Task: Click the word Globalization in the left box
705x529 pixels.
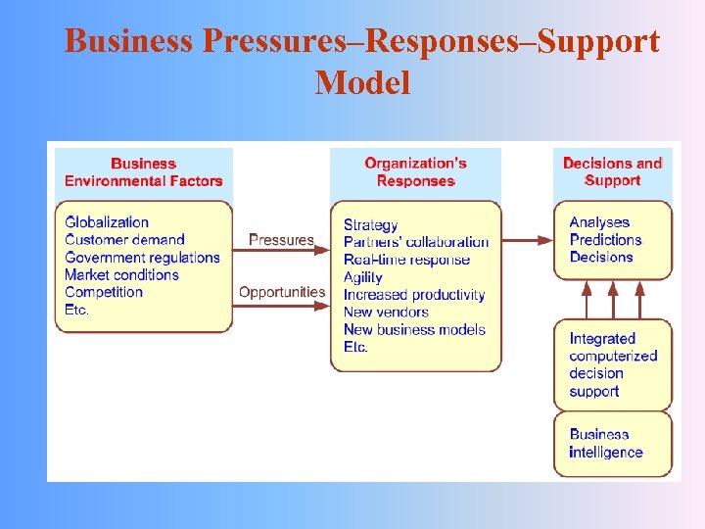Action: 107,222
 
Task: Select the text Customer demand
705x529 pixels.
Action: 124,240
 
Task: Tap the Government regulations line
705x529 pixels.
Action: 142,258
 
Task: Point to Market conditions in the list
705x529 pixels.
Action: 121,275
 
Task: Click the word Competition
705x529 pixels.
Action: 104,292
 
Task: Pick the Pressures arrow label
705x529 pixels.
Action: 281,239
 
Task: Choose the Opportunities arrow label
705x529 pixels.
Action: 282,292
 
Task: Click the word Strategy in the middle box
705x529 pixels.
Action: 371,225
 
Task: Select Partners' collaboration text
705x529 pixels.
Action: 416,242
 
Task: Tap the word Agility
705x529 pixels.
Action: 363,277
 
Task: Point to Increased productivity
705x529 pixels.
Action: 414,295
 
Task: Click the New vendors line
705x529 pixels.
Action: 386,313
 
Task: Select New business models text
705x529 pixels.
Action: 414,330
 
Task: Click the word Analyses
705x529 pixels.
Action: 599,222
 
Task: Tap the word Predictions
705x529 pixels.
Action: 605,240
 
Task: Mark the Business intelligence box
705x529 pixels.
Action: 613,444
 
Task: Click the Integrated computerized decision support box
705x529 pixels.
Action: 613,364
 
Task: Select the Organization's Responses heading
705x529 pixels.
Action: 415,171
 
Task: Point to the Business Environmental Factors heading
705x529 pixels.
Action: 143,171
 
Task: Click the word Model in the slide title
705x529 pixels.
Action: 362,83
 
